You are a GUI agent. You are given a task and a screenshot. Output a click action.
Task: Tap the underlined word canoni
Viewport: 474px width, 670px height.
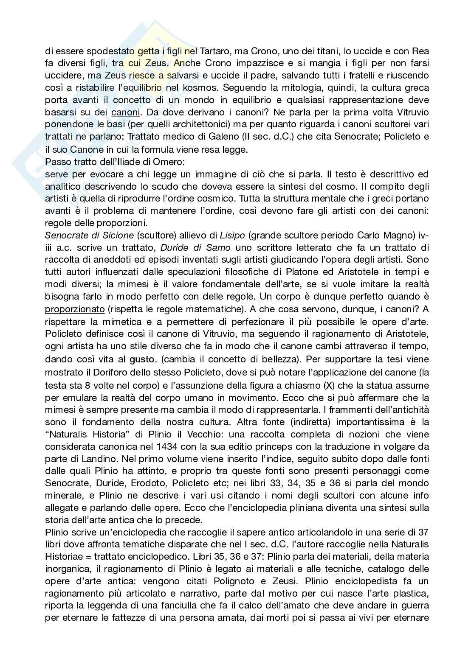(x=125, y=112)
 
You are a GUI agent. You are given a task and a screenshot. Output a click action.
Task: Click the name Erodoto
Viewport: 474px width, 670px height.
(x=152, y=483)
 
